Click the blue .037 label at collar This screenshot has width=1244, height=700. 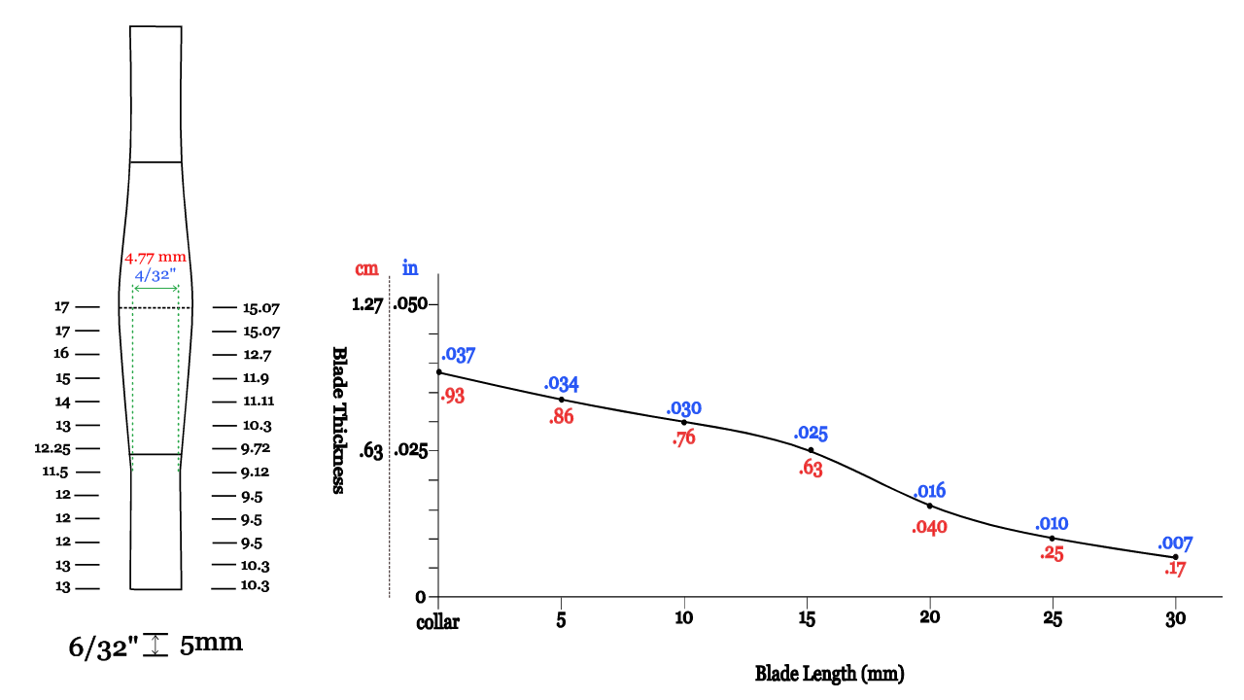click(x=458, y=355)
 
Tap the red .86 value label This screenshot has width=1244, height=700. click(x=562, y=417)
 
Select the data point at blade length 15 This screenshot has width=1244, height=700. click(x=812, y=450)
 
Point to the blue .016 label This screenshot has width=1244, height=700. click(x=929, y=490)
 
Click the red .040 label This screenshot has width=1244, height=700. click(x=929, y=528)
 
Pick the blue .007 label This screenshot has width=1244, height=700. click(x=1174, y=544)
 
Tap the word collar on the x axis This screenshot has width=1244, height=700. click(x=437, y=621)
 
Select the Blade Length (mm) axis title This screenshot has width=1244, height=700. click(x=830, y=673)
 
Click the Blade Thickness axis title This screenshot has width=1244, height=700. click(x=339, y=420)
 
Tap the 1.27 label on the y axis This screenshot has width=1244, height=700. click(x=367, y=304)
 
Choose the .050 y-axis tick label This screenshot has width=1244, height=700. click(x=410, y=304)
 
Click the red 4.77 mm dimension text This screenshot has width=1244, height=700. click(x=155, y=259)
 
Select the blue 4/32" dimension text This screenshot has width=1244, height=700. click(x=155, y=274)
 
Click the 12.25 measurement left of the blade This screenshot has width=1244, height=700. click(x=53, y=448)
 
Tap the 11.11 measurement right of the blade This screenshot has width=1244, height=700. click(x=259, y=402)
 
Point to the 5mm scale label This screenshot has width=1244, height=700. click(x=211, y=644)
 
